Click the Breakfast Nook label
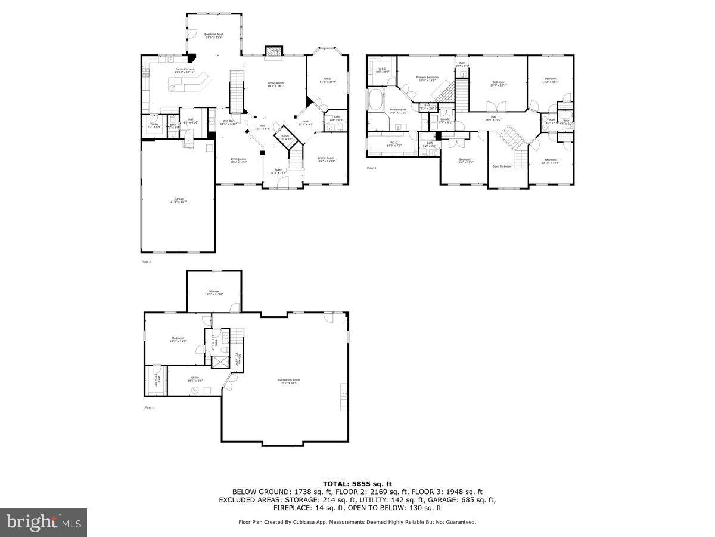tap(214, 36)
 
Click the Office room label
tap(327, 80)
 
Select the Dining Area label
tap(239, 160)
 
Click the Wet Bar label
tap(228, 123)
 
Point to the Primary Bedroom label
tap(427, 78)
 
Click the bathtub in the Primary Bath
tap(377, 99)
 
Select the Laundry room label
tap(445, 120)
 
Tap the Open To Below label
tap(502, 166)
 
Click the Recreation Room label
tap(288, 381)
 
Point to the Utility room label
tap(195, 379)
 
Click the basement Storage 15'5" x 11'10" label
tap(214, 292)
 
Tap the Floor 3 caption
tap(371, 168)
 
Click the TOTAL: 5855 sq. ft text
tap(357, 483)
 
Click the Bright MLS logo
tap(43, 522)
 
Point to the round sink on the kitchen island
tap(173, 88)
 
